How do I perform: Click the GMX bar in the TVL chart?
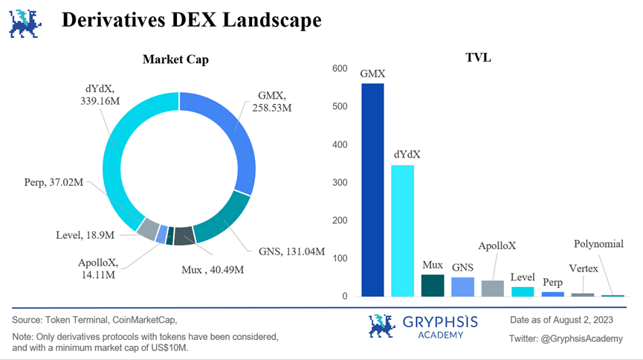coord(372,190)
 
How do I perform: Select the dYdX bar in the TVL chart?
coord(403,231)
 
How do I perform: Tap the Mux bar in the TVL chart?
coord(433,286)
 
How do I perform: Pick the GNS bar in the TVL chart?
coord(462,287)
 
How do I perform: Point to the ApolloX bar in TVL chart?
coord(492,289)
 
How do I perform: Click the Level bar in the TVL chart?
coord(523,292)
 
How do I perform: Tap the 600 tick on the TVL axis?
coord(340,69)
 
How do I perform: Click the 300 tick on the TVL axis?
coord(340,183)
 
